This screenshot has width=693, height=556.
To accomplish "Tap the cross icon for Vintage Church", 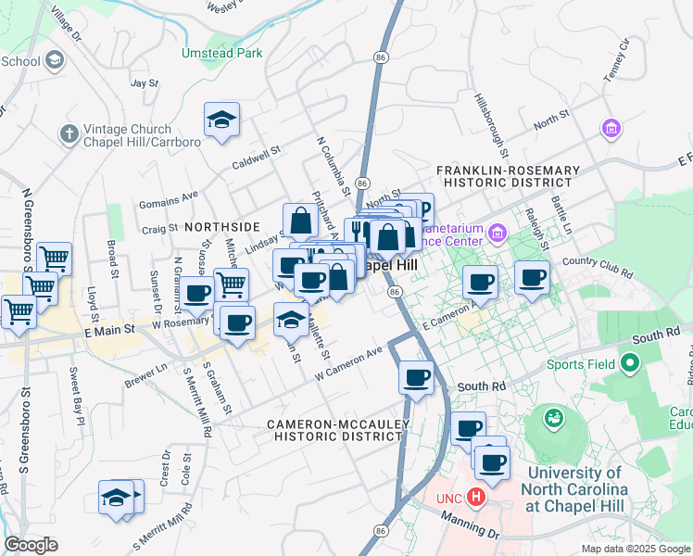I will (x=69, y=134).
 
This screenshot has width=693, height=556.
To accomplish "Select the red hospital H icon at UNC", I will (x=476, y=498).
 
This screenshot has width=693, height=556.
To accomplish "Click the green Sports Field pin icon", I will (x=632, y=363).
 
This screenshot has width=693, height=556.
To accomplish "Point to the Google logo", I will (x=31, y=545).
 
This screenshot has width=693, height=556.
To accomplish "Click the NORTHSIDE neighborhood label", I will (x=222, y=226).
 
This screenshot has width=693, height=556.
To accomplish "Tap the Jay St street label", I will (x=145, y=82).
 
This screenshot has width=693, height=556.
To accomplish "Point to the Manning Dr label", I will (x=470, y=527).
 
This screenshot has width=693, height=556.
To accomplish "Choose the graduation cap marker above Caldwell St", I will (x=222, y=120).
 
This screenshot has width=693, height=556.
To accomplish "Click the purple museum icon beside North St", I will (x=611, y=127).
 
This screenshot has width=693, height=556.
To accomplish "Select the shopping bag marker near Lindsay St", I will (x=300, y=221).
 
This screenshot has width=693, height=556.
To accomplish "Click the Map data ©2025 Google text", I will (x=634, y=549).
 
